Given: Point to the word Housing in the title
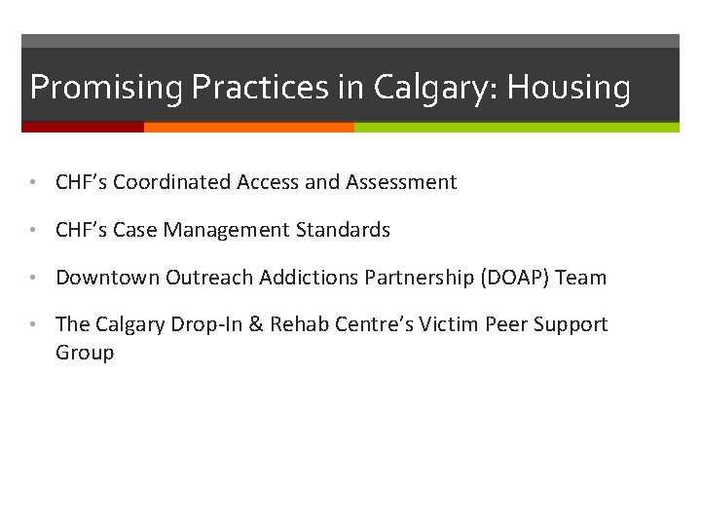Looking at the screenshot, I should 569,88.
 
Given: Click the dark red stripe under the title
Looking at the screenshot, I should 83,127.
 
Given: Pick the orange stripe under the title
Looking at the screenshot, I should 248,127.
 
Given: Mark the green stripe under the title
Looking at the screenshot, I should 516,127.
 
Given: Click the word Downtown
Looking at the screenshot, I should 107,278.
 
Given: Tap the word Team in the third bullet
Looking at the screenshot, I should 581,278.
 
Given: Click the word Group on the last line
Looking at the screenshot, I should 85,353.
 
